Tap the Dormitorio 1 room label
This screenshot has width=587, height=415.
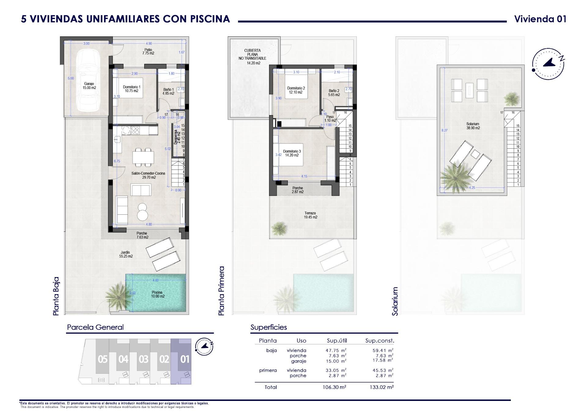click(x=131, y=89)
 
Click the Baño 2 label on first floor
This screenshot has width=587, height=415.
click(x=334, y=93)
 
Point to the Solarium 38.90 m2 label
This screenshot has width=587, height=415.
click(x=473, y=126)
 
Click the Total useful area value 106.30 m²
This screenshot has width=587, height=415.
click(x=334, y=387)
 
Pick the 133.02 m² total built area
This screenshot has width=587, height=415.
click(x=382, y=387)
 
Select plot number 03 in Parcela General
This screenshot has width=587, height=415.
click(x=143, y=359)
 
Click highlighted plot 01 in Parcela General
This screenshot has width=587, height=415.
click(x=185, y=359)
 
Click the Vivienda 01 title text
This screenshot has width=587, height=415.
click(x=540, y=19)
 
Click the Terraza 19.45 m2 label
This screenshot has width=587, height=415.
click(x=310, y=215)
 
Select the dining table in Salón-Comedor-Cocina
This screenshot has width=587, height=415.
click(x=143, y=158)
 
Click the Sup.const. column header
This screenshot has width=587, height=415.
click(x=380, y=341)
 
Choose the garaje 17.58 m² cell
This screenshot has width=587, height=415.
click(x=383, y=361)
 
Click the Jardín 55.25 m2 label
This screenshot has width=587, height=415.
click(x=126, y=254)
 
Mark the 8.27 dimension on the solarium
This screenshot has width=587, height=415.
click(x=444, y=130)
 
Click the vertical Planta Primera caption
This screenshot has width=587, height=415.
click(x=221, y=291)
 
